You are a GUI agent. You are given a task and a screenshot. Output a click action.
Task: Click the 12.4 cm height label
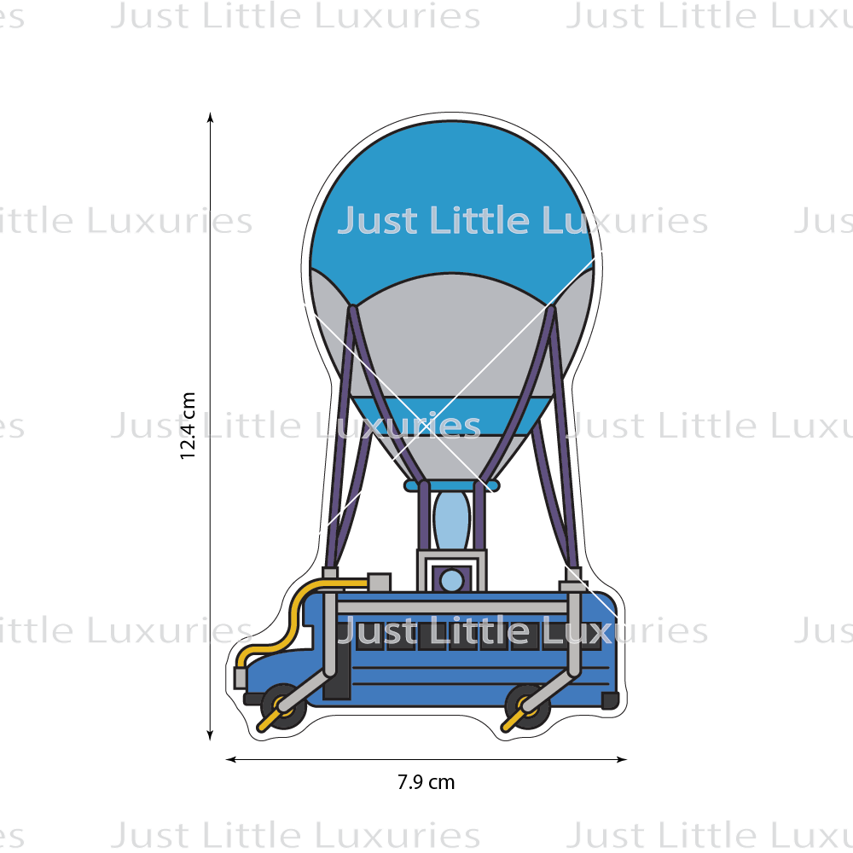click(x=189, y=426)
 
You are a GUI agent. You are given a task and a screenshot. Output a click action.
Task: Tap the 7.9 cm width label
click(x=426, y=781)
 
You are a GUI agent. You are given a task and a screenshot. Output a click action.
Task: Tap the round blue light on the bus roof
click(x=451, y=581)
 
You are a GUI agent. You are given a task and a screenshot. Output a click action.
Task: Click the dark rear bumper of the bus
click(x=609, y=700)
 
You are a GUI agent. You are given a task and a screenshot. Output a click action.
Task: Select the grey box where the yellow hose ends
click(x=378, y=582)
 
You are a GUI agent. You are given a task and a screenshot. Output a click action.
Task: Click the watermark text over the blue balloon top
click(x=520, y=221)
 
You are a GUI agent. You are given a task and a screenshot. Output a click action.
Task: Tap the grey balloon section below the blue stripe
click(x=452, y=452)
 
